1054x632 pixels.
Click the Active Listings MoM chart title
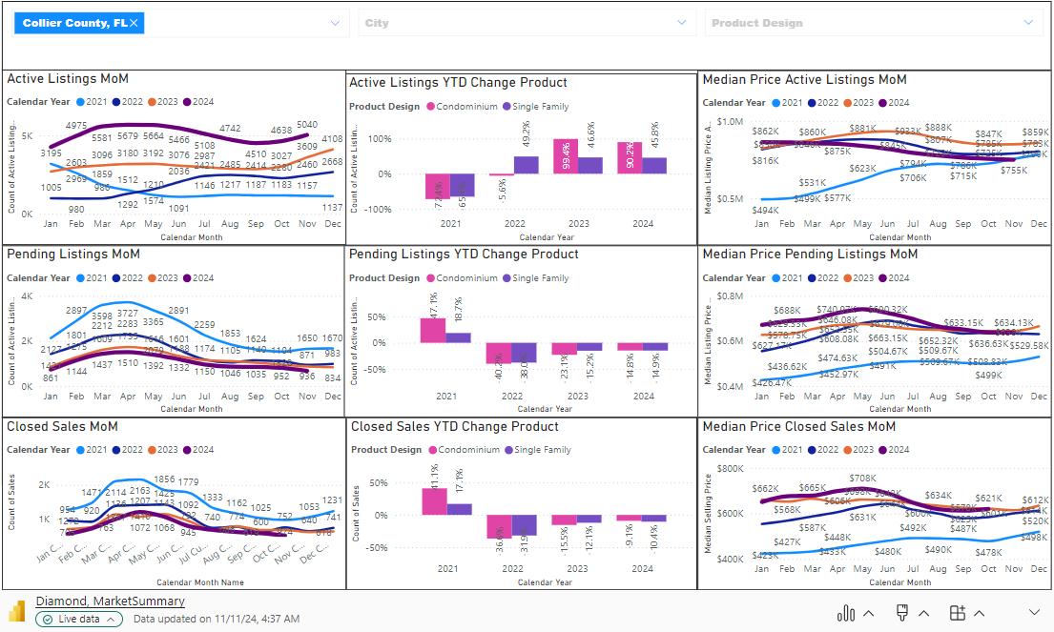coord(68,79)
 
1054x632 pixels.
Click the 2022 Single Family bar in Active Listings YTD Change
coord(526,165)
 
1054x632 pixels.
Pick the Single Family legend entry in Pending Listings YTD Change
coord(540,278)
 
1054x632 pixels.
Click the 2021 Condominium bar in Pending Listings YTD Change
coord(433,330)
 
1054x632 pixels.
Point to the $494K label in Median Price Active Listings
coord(765,211)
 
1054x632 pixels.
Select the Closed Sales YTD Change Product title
coord(454,427)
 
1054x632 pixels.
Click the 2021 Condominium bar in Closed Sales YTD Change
coord(435,501)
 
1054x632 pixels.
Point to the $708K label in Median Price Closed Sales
coord(861,479)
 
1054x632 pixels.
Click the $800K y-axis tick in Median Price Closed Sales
coord(729,469)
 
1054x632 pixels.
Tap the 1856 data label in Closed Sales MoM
coord(164,479)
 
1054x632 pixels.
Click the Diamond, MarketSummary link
coord(110,601)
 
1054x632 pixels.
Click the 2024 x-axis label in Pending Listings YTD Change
coord(644,396)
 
